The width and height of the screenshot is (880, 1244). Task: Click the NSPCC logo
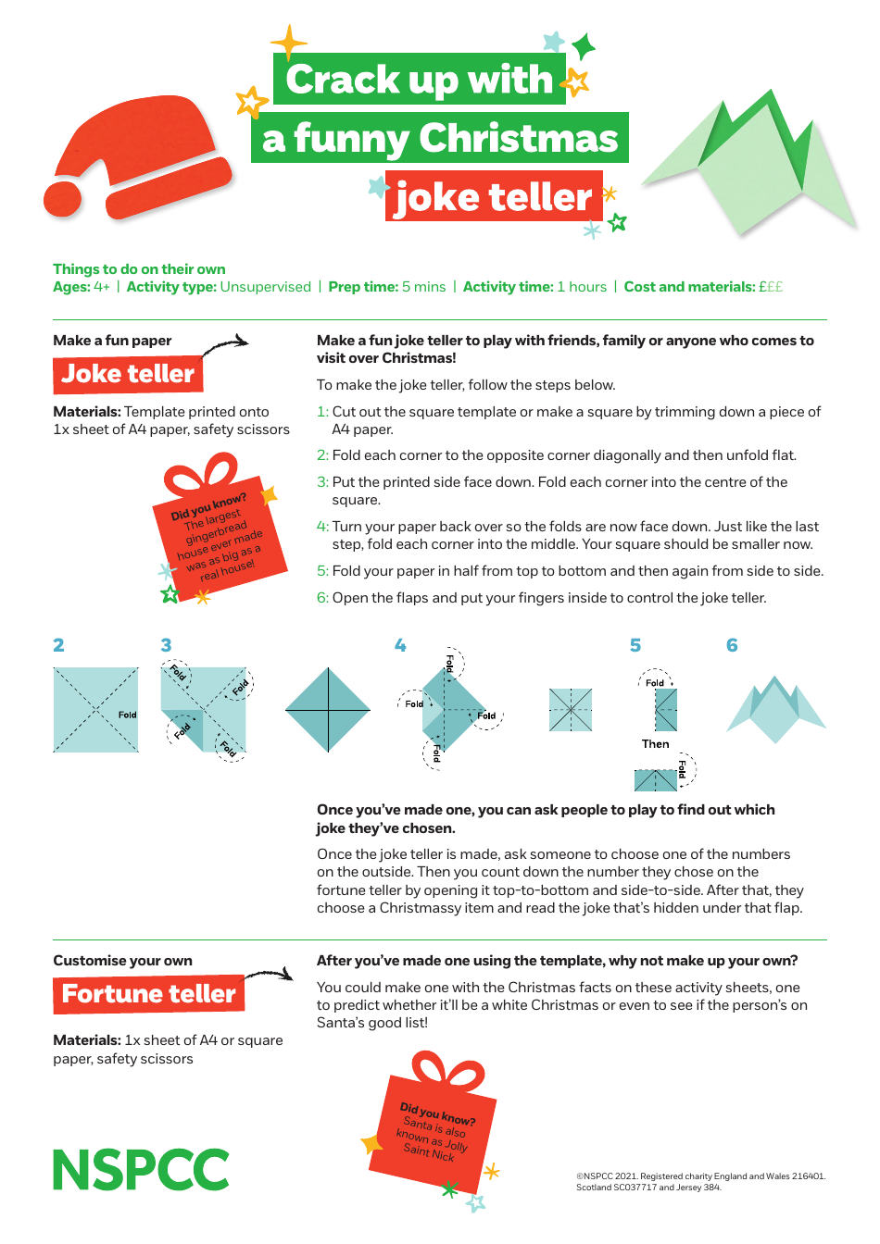(x=141, y=1170)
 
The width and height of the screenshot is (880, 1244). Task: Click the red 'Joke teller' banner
(x=128, y=374)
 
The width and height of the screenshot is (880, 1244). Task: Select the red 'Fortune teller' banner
(x=148, y=994)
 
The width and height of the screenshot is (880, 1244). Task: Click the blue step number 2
(x=58, y=645)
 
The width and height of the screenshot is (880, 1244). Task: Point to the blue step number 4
(x=400, y=645)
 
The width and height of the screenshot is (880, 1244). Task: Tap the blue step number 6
(x=732, y=645)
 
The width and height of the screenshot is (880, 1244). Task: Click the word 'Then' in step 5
(x=655, y=744)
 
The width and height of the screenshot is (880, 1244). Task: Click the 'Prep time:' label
(x=363, y=287)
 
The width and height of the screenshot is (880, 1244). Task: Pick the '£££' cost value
(x=771, y=287)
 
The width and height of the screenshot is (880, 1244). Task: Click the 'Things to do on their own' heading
(x=139, y=269)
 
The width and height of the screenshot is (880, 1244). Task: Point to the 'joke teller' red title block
(x=493, y=197)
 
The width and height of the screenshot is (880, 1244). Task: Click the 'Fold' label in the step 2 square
(x=127, y=715)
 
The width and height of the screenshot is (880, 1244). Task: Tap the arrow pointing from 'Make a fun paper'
(x=226, y=345)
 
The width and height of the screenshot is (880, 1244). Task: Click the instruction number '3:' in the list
(x=322, y=482)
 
